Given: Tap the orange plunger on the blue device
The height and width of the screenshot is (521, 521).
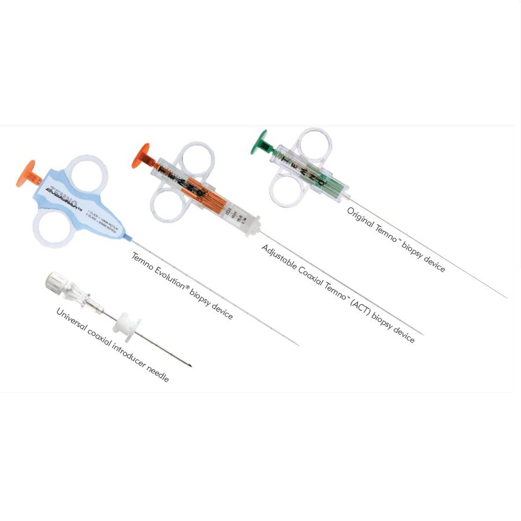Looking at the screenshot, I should pyautogui.click(x=25, y=173).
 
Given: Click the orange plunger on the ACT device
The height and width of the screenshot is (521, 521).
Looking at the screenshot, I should pyautogui.click(x=140, y=155).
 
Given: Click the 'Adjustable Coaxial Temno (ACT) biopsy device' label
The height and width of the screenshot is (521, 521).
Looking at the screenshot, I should pyautogui.click(x=338, y=294).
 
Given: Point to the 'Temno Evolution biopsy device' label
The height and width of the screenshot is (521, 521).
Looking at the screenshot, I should pyautogui.click(x=182, y=286).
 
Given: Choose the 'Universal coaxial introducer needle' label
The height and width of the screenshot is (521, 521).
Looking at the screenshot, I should pyautogui.click(x=112, y=345).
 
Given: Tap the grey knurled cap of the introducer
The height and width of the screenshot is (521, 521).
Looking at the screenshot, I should pyautogui.click(x=56, y=281).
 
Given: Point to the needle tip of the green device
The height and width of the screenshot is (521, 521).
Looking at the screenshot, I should pyautogui.click(x=506, y=297).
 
